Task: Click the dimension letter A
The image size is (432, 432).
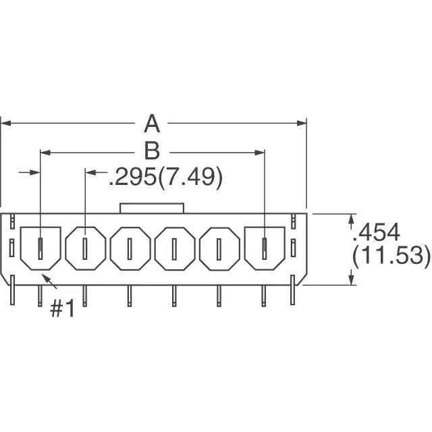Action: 152,124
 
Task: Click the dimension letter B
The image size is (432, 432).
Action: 152,151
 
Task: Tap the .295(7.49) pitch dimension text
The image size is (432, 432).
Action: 165,177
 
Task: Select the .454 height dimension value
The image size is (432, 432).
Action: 376,232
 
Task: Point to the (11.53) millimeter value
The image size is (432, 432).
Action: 391,255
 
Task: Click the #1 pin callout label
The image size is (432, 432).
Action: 62,308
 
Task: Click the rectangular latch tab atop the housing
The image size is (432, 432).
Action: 152,209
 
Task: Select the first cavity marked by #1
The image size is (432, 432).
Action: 40,248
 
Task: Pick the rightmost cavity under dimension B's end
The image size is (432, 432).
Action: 265,248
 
